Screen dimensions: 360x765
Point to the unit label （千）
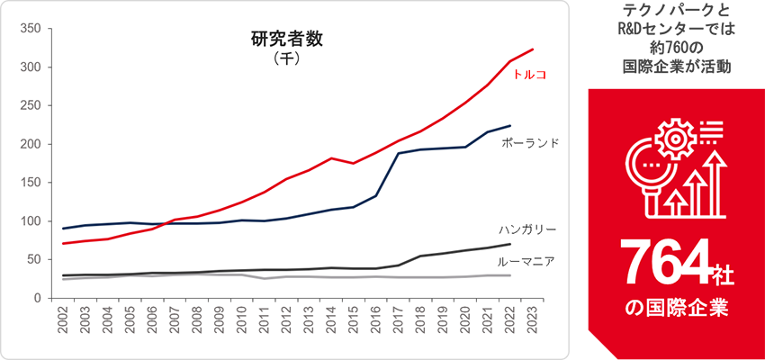(285, 59)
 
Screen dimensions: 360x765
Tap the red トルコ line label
(530, 74)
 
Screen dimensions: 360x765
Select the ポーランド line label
(531, 143)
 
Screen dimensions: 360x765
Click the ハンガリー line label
(526, 229)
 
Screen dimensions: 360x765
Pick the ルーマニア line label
(526, 262)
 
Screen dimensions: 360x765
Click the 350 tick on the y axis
(30, 29)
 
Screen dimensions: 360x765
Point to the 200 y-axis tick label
(30, 144)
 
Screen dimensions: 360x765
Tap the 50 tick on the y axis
(33, 259)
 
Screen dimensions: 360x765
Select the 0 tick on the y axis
(37, 298)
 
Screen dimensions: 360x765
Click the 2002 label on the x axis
(63, 324)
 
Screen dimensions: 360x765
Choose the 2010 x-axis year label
(241, 324)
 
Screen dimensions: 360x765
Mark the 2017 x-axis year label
(399, 324)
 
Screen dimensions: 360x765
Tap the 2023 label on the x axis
(533, 324)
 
